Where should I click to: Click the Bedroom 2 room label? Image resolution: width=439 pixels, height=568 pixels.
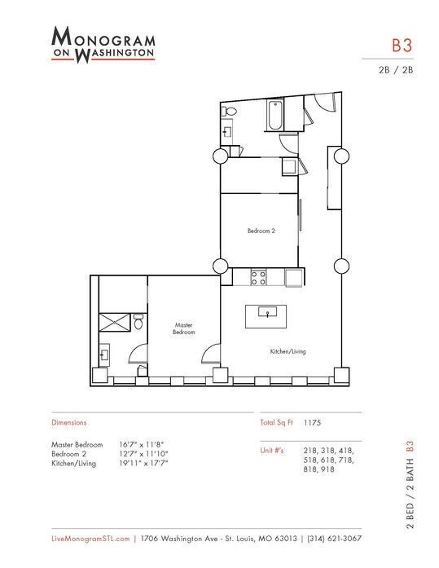tap(261, 231)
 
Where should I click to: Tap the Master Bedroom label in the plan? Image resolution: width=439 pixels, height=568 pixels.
tap(184, 328)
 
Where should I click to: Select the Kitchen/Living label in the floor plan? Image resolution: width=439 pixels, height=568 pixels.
tap(288, 351)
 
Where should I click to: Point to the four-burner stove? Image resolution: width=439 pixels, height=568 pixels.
tap(258, 278)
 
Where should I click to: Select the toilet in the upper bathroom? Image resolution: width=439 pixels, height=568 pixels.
tap(230, 112)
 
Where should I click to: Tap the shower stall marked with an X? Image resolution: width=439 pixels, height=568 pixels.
tap(112, 324)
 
